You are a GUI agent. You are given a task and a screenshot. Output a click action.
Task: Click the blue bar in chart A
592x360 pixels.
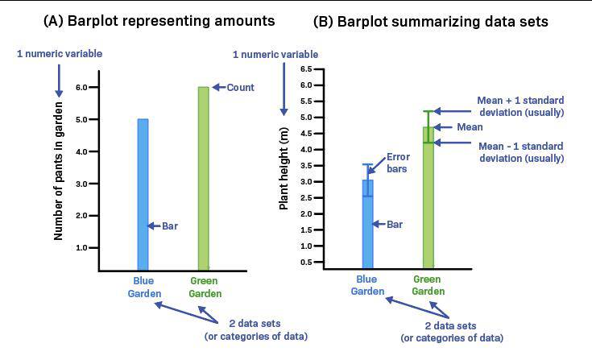(x=143, y=193)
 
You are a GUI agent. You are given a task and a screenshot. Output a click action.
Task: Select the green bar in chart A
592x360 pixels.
(x=203, y=177)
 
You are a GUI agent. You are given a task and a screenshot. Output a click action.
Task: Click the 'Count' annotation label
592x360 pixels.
(x=241, y=87)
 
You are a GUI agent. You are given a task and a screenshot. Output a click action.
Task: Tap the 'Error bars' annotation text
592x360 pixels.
(x=398, y=163)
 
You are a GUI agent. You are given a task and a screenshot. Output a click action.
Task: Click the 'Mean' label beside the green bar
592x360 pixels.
(x=469, y=127)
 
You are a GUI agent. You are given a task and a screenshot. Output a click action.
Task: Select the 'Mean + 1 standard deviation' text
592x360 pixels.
(x=520, y=106)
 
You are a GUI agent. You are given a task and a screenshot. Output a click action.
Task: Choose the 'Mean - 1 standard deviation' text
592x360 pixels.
(x=520, y=152)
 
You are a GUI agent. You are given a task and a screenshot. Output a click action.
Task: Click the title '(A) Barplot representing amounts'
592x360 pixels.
(x=159, y=21)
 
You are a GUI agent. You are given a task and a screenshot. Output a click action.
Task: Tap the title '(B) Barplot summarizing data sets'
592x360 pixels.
(x=431, y=22)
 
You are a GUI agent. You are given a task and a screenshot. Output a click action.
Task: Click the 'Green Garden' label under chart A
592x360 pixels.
(x=205, y=288)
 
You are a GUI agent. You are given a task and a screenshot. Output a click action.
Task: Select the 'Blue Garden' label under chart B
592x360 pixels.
(x=367, y=285)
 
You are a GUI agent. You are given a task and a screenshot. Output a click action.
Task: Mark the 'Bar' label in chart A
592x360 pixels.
(x=170, y=226)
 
